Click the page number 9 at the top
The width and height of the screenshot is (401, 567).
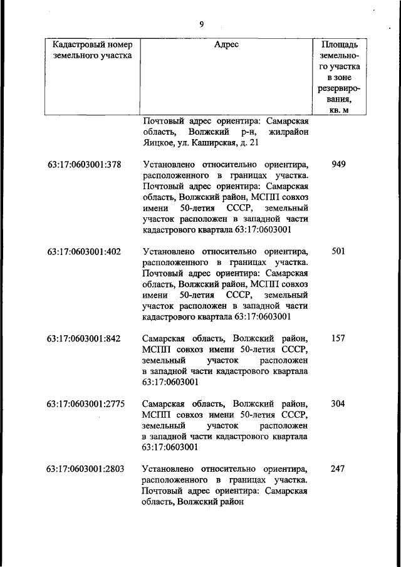tap(201, 24)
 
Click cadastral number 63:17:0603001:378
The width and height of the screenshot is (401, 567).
tap(84, 165)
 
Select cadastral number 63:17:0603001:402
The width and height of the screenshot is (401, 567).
tap(84, 252)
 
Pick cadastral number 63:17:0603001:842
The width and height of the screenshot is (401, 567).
tap(84, 338)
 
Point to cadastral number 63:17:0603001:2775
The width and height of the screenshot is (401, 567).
tap(86, 403)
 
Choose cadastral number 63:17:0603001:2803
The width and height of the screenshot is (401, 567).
tap(86, 469)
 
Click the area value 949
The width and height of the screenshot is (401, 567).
tap(338, 165)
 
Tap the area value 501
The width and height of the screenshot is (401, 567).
tap(338, 252)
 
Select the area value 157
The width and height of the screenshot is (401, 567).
tap(338, 338)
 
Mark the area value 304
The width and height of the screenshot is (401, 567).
tap(338, 403)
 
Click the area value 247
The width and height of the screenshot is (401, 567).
tap(338, 469)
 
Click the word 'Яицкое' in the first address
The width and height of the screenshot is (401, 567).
tap(159, 143)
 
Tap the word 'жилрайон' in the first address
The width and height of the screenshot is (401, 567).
tap(288, 132)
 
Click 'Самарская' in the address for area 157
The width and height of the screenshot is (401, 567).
tap(164, 338)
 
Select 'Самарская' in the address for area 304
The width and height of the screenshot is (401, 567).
tap(164, 403)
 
